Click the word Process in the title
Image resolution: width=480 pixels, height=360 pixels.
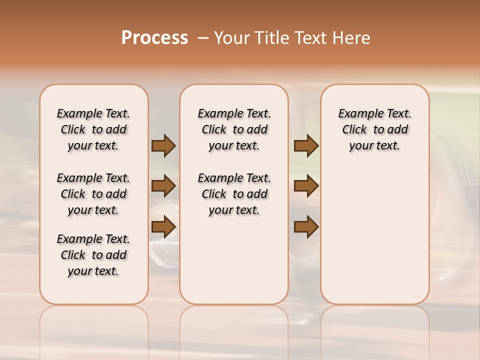coord(154,38)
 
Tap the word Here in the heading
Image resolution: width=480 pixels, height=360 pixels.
coord(351,38)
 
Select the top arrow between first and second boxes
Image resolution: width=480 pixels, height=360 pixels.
coord(163,146)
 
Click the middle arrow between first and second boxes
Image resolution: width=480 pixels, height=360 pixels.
coord(163,186)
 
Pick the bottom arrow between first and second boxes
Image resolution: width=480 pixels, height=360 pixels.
coord(163,226)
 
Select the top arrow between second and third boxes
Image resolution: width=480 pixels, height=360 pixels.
coord(306,146)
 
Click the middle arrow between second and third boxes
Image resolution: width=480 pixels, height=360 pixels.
coord(306,186)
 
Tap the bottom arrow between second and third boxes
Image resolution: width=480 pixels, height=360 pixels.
coord(306,226)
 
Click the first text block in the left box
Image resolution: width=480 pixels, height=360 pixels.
coord(93,129)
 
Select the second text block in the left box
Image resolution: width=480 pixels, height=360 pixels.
coord(93,194)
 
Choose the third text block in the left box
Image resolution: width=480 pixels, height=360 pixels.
coord(93,255)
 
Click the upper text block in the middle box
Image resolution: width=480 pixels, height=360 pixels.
coord(234,129)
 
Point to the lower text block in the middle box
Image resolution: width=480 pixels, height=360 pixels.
coord(234,194)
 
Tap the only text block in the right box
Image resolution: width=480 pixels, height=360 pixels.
coord(375,129)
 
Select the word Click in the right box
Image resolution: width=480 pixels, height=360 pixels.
coord(354,130)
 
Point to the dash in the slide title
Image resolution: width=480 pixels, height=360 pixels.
coord(202,38)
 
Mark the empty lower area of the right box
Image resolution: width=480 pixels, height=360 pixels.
coord(375,230)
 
